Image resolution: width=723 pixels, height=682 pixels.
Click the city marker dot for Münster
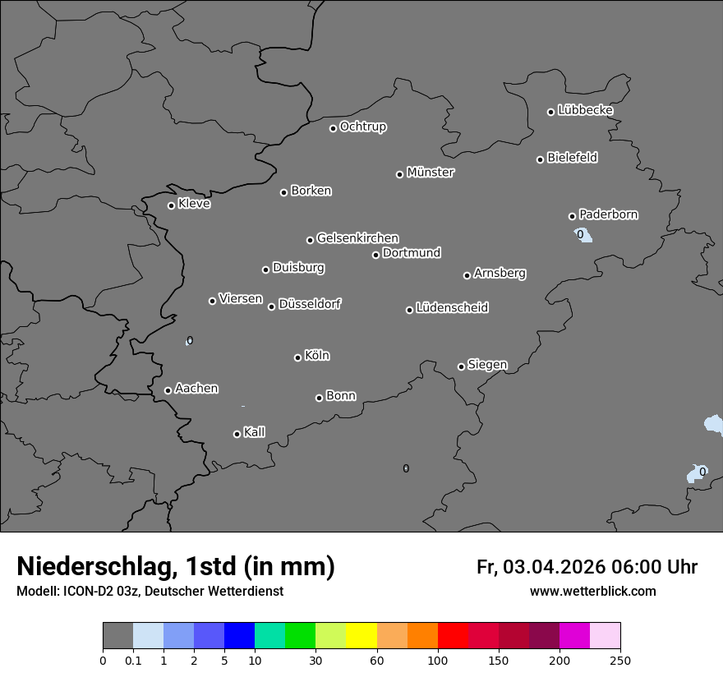coord(400,174)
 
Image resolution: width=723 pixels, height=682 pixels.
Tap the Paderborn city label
coord(608,214)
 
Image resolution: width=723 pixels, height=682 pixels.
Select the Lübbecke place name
coord(585,110)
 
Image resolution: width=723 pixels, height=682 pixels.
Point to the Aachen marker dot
coord(168,390)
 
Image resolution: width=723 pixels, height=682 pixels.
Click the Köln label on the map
coord(316,356)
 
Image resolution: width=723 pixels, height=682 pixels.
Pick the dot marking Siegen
coord(461,366)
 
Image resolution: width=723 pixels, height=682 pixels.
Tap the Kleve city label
coord(194,204)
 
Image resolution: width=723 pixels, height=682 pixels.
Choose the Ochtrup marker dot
coord(334,128)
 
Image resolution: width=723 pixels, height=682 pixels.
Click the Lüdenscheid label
coord(452,308)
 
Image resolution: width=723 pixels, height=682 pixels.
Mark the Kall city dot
coord(237,434)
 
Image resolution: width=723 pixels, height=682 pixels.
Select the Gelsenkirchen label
coord(357,238)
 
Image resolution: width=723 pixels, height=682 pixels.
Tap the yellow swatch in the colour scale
coord(361,636)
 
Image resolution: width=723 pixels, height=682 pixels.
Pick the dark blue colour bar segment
coord(239,636)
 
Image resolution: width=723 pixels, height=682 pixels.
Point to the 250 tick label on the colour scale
coord(620,660)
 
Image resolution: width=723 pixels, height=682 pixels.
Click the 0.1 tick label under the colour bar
coord(133,660)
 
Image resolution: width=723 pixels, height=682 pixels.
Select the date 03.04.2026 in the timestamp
coord(554,567)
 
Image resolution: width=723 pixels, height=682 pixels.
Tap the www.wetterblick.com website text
coord(593,592)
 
